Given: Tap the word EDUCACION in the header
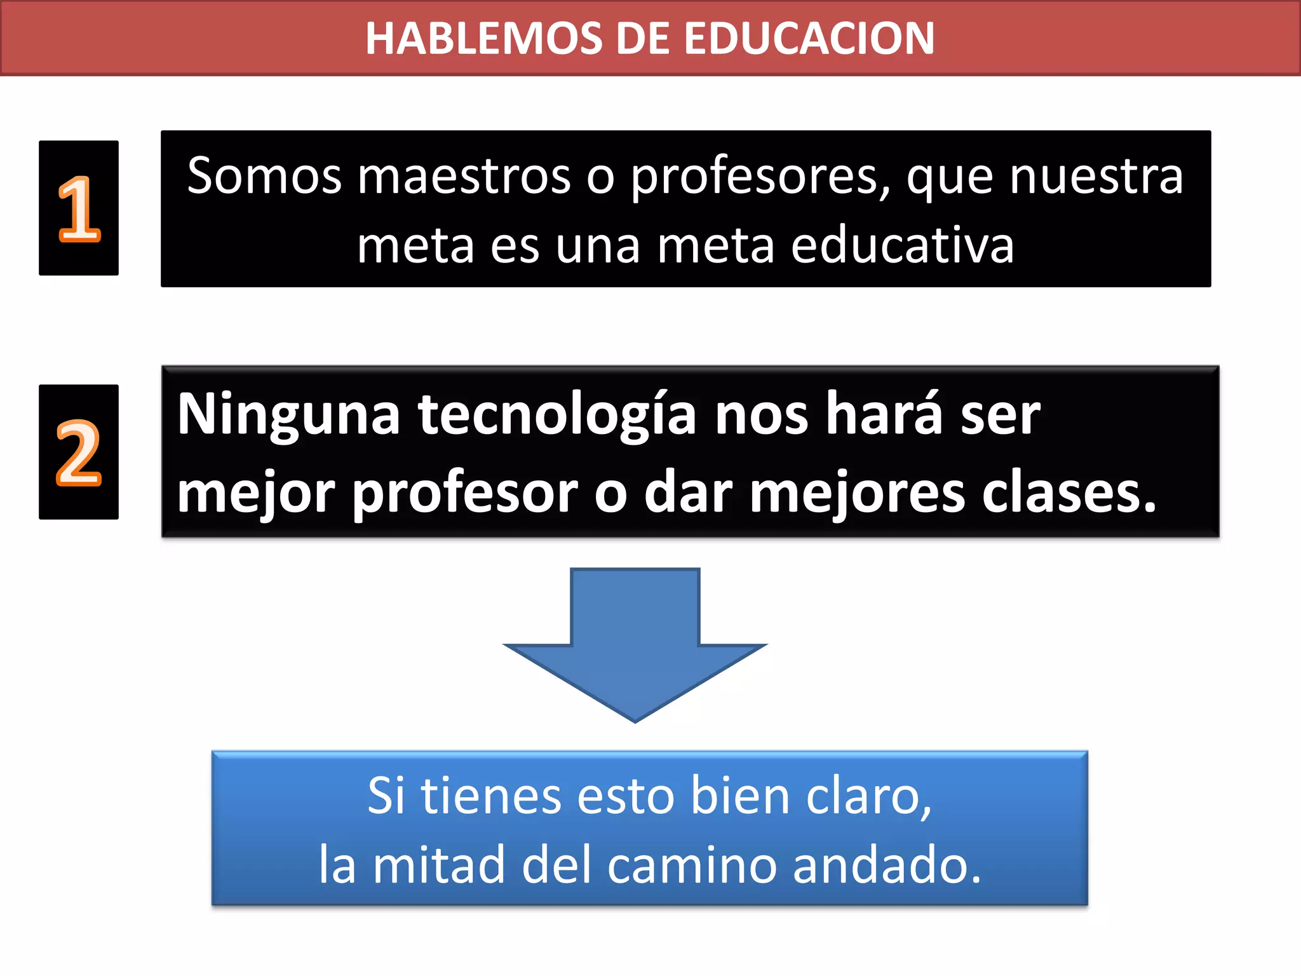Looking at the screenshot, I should pos(809,38).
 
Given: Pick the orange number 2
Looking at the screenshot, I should pos(79,453).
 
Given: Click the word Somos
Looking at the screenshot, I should pos(264,176).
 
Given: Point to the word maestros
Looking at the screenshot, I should pos(464,176).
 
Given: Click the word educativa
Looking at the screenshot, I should pos(902,246).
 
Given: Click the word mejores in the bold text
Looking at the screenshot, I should pos(858,494).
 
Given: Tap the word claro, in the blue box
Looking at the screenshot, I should pos(868,796).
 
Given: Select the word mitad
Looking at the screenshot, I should pos(440,865).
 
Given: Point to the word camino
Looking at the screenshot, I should pos(692,866).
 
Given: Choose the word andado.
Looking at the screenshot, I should pos(887,865).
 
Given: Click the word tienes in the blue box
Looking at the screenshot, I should pos(491,796).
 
